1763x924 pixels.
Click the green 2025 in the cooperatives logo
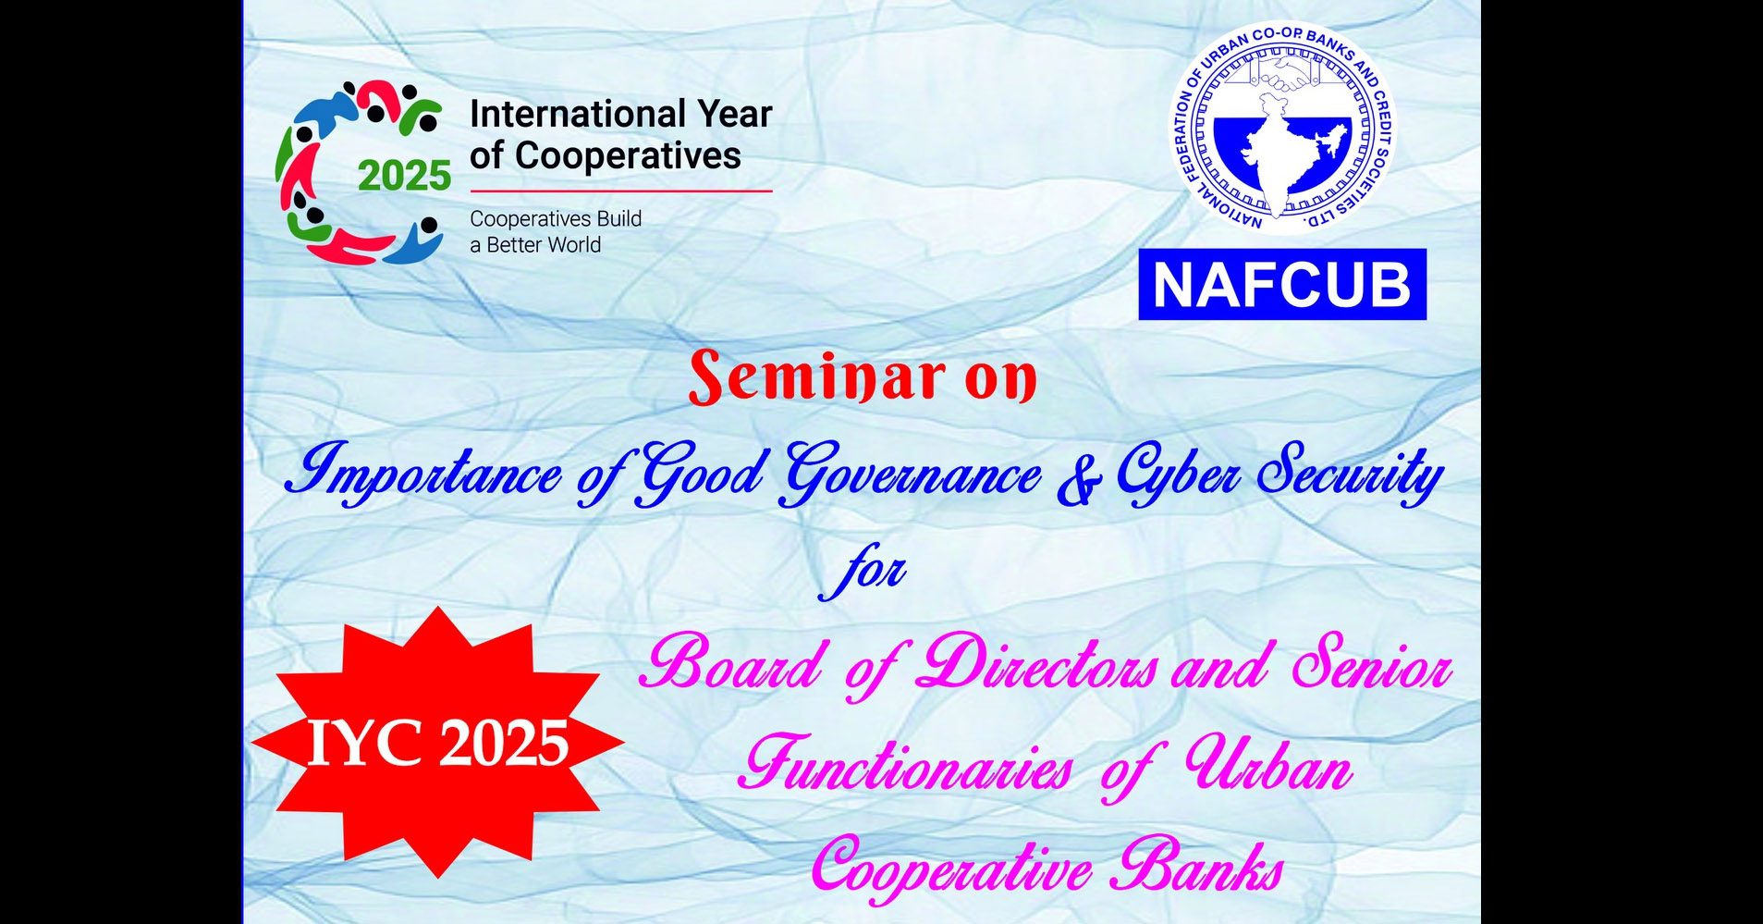click(404, 176)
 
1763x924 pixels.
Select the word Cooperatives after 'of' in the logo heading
click(628, 155)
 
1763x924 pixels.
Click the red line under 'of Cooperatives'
click(621, 191)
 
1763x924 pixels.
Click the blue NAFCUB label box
click(1282, 284)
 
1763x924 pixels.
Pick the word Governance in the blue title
click(911, 474)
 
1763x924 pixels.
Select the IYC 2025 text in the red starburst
click(437, 743)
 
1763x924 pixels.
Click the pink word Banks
click(1196, 868)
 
